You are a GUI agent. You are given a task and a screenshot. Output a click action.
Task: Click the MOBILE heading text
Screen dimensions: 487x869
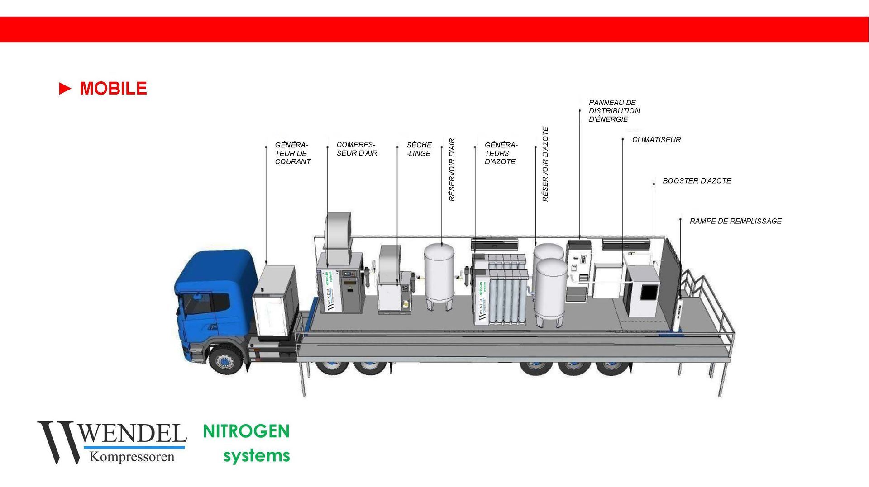pyautogui.click(x=113, y=89)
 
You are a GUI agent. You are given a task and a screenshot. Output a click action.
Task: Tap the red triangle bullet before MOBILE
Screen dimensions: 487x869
pyautogui.click(x=65, y=89)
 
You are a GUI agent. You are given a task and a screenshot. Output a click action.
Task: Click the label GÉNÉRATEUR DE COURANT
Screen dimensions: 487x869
pyautogui.click(x=292, y=153)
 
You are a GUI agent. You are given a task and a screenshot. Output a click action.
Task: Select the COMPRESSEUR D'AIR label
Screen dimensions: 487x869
pyautogui.click(x=357, y=149)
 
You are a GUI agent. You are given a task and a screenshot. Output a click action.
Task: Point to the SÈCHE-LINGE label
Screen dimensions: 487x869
pyautogui.click(x=419, y=149)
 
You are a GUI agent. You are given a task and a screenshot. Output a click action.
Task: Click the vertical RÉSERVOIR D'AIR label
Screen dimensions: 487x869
pyautogui.click(x=452, y=170)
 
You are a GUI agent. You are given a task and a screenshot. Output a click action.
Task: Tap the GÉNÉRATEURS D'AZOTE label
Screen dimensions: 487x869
pyautogui.click(x=501, y=153)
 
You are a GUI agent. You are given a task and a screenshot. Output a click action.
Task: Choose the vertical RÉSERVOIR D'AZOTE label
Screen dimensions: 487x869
pyautogui.click(x=545, y=164)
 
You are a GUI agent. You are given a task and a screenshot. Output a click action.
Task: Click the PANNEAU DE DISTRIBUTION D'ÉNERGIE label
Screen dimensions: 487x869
pyautogui.click(x=614, y=111)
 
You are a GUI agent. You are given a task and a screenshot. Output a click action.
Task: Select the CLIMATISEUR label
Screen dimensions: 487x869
pyautogui.click(x=656, y=140)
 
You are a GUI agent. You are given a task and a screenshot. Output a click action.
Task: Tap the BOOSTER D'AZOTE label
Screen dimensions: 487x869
pyautogui.click(x=697, y=181)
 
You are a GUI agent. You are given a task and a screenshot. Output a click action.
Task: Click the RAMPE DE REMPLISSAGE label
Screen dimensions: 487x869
pyautogui.click(x=735, y=221)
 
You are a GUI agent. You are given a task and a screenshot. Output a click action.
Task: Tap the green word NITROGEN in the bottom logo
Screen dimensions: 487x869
pyautogui.click(x=246, y=431)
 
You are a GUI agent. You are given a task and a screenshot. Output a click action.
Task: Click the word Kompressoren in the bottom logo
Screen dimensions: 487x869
pyautogui.click(x=132, y=457)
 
